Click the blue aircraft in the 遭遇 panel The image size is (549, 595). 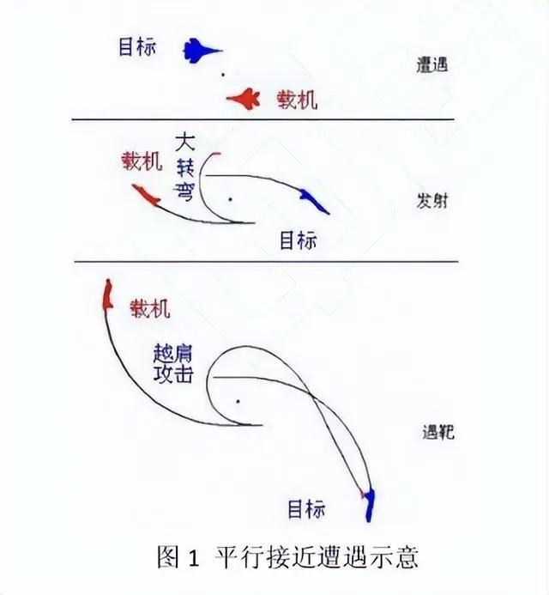click(x=201, y=51)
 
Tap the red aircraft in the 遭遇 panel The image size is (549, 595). click(x=244, y=100)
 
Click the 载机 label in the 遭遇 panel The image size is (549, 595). click(x=296, y=100)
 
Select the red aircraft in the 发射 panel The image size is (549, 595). click(x=147, y=197)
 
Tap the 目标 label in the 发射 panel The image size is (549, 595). click(x=298, y=240)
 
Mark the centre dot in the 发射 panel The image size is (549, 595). click(x=229, y=198)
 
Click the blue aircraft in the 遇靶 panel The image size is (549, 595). click(x=370, y=506)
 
